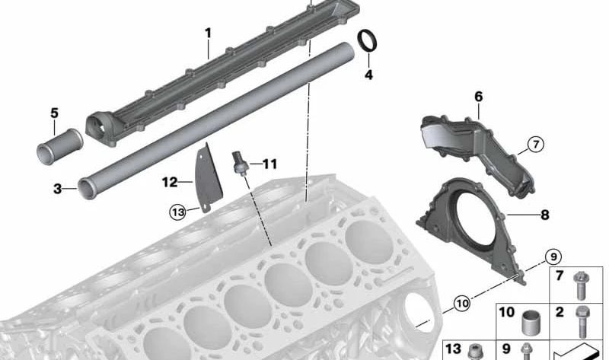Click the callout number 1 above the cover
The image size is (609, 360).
pyautogui.click(x=208, y=33)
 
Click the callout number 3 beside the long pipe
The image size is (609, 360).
pyautogui.click(x=58, y=189)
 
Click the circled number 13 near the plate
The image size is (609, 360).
pyautogui.click(x=177, y=212)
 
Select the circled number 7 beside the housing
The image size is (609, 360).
pyautogui.click(x=536, y=145)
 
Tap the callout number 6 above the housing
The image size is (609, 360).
pyautogui.click(x=478, y=97)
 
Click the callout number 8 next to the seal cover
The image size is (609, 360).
pyautogui.click(x=544, y=215)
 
